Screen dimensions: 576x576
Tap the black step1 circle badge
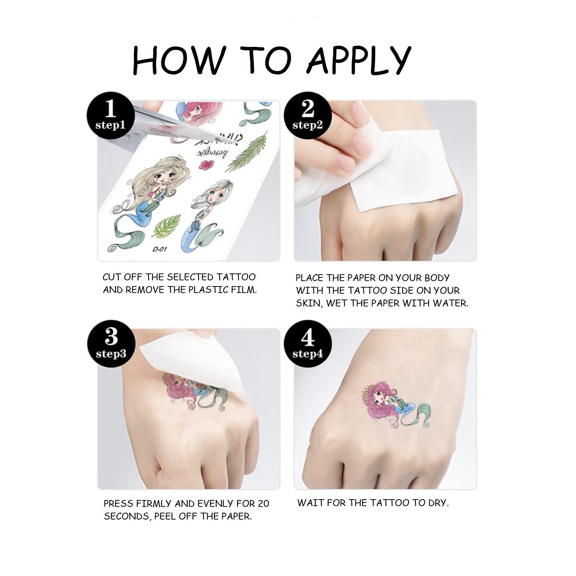(111, 114)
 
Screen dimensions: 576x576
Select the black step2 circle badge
(308, 114)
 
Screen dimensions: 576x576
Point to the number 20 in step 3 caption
(263, 503)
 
